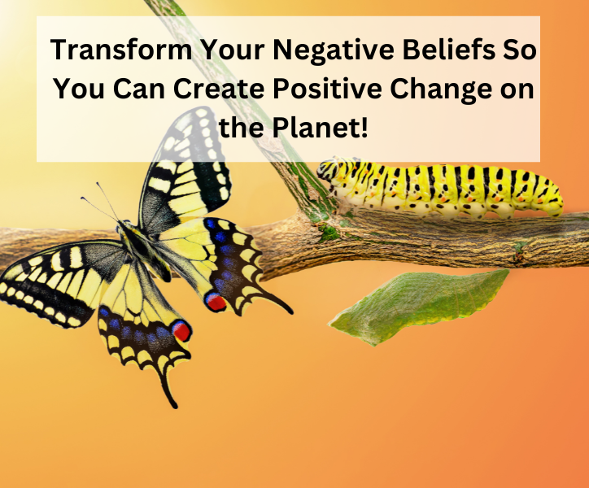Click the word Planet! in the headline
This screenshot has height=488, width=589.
coord(319,127)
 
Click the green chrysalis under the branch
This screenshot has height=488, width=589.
coord(418,306)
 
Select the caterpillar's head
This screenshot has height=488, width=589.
coord(329,171)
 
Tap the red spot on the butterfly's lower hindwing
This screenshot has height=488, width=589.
coord(181,330)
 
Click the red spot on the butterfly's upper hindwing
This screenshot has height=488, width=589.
coord(216,302)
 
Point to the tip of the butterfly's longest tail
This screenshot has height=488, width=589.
coord(175,406)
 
